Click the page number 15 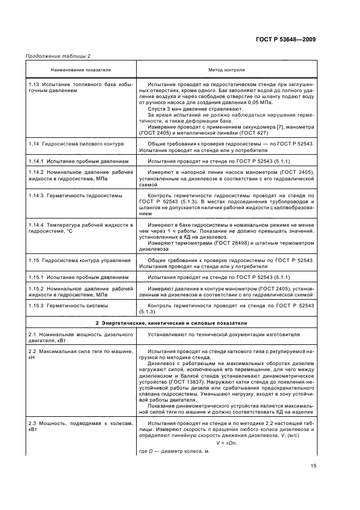coord(313,465)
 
